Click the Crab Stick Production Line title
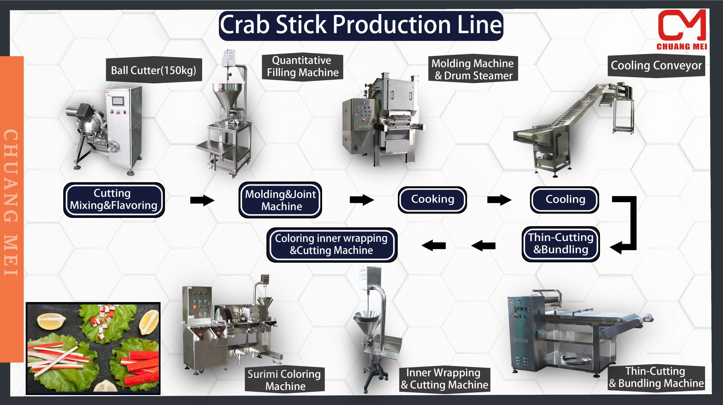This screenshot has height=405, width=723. tap(361, 25)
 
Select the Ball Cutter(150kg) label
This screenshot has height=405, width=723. tap(154, 70)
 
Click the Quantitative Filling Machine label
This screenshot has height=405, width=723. tap(302, 67)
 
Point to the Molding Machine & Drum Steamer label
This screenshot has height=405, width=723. tap(473, 69)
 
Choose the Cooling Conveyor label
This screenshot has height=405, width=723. tap(656, 66)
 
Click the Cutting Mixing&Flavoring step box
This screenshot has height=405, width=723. tap(114, 199)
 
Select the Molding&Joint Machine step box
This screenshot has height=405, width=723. tap(280, 200)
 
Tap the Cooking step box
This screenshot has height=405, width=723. tap(432, 199)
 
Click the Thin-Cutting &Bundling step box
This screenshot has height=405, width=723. tap(561, 244)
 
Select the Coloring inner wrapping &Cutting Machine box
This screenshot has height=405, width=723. tap(331, 245)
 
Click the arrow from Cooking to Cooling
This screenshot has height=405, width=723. tap(499, 199)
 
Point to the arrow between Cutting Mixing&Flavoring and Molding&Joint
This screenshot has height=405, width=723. tap(202, 200)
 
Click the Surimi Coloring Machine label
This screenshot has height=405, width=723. tap(284, 380)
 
